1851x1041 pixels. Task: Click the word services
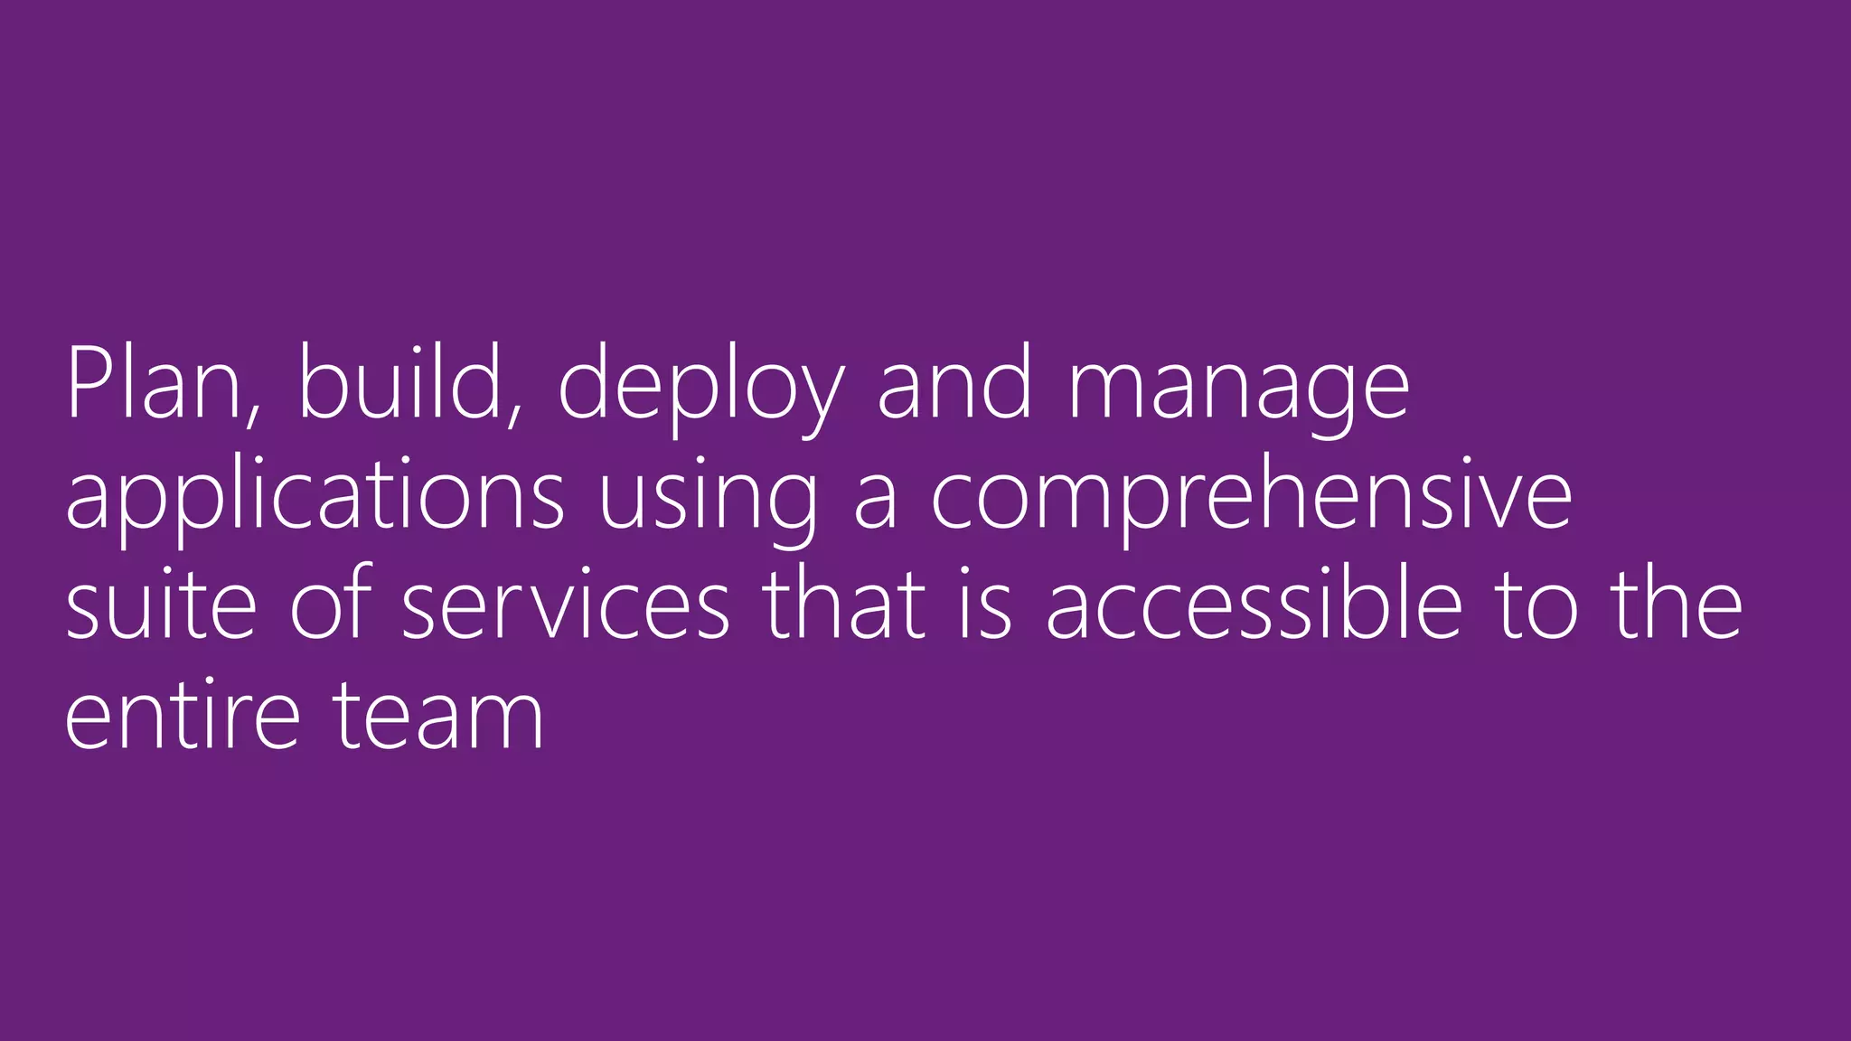tap(565, 607)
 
